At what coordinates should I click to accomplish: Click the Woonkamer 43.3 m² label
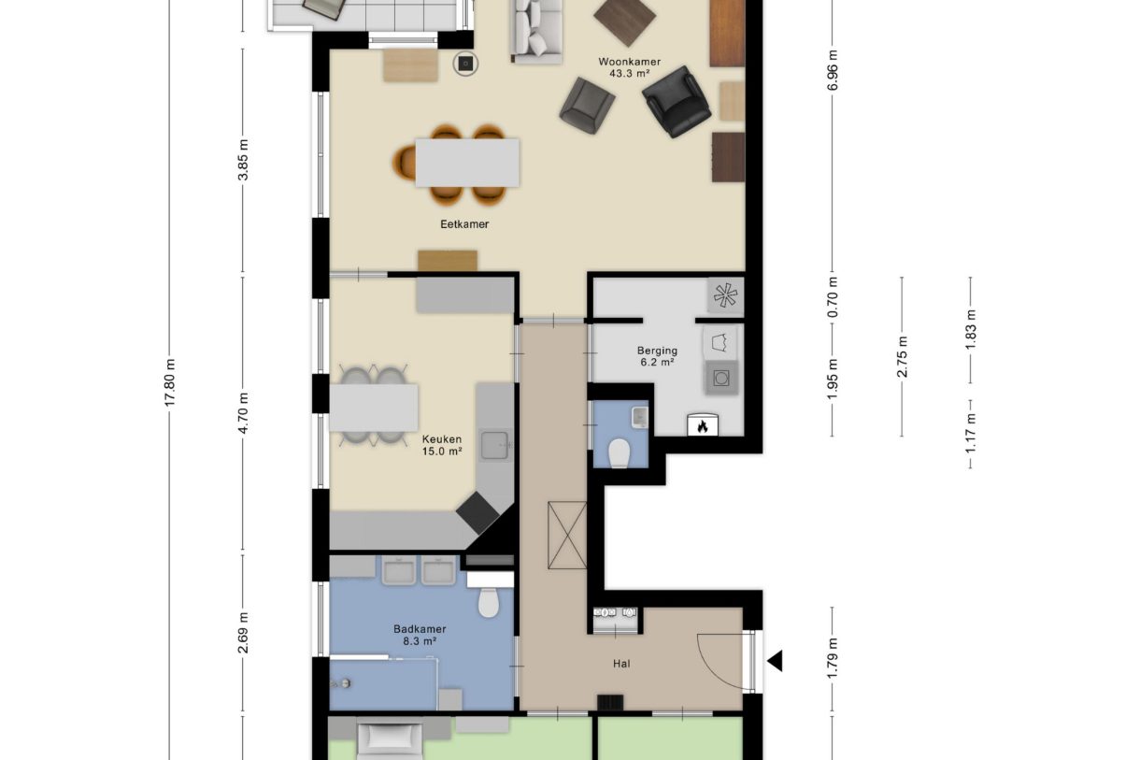click(x=629, y=67)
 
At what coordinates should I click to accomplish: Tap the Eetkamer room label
click(x=464, y=224)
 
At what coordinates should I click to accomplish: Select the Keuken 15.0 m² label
click(x=442, y=444)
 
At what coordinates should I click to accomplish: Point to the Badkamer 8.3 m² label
click(x=420, y=635)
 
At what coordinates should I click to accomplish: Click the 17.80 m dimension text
click(x=169, y=382)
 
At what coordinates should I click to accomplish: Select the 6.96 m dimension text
click(x=833, y=69)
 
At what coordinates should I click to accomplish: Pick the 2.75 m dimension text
click(x=902, y=356)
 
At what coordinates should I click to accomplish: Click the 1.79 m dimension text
click(x=833, y=654)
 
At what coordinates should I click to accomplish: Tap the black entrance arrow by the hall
click(x=774, y=662)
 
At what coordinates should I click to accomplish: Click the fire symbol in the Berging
click(x=701, y=425)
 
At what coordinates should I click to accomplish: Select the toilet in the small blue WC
click(x=619, y=453)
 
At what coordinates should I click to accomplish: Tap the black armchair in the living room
click(x=677, y=100)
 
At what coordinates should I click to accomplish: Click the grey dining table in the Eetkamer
click(x=467, y=162)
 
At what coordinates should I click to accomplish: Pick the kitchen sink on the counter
click(x=493, y=445)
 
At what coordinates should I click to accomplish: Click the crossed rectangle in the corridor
click(x=567, y=535)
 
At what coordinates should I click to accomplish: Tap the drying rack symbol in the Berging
click(x=726, y=295)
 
